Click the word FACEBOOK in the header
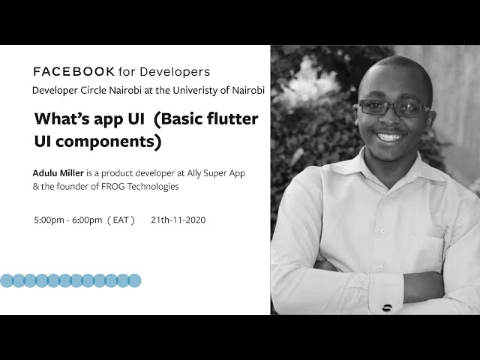[74, 72]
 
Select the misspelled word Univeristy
[193, 90]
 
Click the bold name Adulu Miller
[58, 173]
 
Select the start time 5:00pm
[49, 220]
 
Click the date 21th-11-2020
[178, 220]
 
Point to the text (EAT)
[121, 220]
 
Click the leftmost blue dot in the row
[7, 280]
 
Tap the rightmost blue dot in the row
[134, 280]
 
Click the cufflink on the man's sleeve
[387, 307]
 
